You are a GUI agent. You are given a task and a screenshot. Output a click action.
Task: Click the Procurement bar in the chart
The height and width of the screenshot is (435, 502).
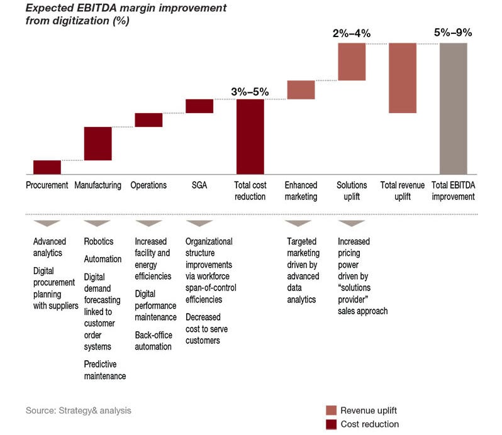pyautogui.click(x=47, y=167)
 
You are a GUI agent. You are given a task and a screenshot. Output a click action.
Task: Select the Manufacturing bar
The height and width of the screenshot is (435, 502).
pyautogui.click(x=98, y=143)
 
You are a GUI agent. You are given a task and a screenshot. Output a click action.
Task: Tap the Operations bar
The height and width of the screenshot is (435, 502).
pyautogui.click(x=148, y=120)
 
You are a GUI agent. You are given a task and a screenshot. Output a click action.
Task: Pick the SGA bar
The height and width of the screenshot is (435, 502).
pyautogui.click(x=199, y=106)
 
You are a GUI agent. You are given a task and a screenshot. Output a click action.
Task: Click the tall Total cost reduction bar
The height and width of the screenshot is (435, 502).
pyautogui.click(x=250, y=136)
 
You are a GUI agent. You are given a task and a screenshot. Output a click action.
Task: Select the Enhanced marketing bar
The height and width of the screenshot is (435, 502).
pyautogui.click(x=301, y=90)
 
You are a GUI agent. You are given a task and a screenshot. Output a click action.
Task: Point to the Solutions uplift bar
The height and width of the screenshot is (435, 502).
pyautogui.click(x=351, y=62)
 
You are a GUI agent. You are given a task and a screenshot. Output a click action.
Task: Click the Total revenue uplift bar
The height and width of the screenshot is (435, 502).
pyautogui.click(x=403, y=78)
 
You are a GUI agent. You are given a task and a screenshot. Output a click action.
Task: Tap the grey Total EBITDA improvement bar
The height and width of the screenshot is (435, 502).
pyautogui.click(x=453, y=108)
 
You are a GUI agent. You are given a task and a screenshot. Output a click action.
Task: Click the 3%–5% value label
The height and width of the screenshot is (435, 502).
pyautogui.click(x=250, y=92)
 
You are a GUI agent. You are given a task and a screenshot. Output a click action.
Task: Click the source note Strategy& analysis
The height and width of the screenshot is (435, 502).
pyautogui.click(x=79, y=410)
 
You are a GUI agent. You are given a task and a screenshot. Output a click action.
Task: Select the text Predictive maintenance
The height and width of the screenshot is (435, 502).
pyautogui.click(x=105, y=370)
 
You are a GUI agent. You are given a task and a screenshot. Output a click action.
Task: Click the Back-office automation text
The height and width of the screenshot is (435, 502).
pyautogui.click(x=153, y=341)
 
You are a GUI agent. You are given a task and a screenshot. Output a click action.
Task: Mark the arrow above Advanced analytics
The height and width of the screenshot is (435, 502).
pyautogui.click(x=47, y=223)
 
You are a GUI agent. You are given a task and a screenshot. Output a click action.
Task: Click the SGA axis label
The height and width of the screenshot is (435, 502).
pyautogui.click(x=199, y=185)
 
